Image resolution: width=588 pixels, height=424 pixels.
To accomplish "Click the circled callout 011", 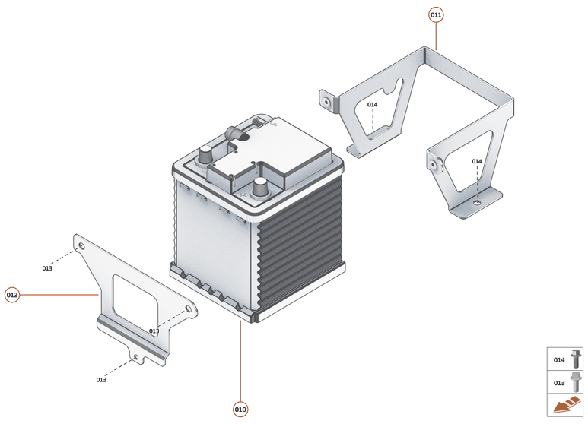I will coord(436,15).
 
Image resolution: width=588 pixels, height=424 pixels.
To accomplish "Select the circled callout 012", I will coord(12,295).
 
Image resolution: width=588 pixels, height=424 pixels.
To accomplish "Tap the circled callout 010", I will coord(240,410).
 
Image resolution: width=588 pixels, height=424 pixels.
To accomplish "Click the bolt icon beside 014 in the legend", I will coord(574,359).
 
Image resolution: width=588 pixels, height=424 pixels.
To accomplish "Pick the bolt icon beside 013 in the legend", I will coord(574,381).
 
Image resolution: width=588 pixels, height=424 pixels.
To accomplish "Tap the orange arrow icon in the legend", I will coord(566,407).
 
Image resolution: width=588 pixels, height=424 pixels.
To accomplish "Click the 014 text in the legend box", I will coord(559,359).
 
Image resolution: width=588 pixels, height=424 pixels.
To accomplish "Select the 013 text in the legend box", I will coord(559,382).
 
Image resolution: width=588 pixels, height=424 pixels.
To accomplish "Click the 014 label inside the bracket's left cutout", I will coord(373,105).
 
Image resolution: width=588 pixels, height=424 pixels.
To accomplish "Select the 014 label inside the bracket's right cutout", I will coord(477,162).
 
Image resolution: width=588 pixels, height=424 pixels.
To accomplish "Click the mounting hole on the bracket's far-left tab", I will coord(326,100).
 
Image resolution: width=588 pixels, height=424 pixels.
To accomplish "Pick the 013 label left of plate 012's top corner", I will coord(47,268).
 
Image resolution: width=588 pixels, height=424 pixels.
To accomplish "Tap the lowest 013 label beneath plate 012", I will coord(101,379).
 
